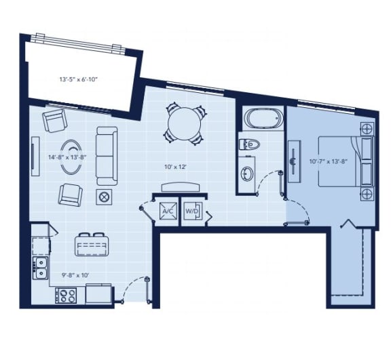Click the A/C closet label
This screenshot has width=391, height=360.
coord(167,210)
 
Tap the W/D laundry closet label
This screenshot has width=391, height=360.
coord(192,210)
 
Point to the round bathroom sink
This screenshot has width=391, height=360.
coord(248,174)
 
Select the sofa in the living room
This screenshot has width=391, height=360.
coord(107,155)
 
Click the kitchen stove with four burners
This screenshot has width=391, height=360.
coord(67,295)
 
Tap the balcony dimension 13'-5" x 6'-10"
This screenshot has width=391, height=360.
coord(79,79)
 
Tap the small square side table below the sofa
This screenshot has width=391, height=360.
coord(105,197)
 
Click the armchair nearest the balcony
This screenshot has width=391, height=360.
coord(54,121)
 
